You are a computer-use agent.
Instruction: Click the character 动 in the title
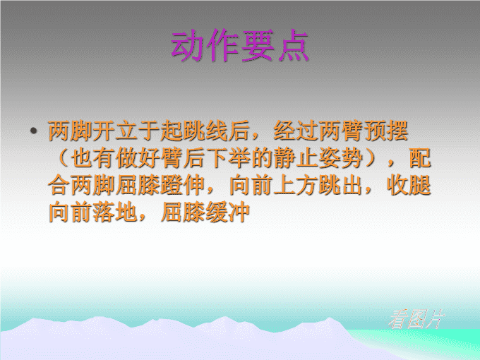(188, 46)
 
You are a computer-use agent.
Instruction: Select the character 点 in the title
(293, 46)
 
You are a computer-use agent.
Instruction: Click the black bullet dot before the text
(34, 131)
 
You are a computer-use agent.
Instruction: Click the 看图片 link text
(416, 319)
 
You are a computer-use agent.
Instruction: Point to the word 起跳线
(193, 131)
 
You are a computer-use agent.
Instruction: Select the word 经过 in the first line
(295, 131)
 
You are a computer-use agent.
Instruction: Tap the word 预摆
(385, 131)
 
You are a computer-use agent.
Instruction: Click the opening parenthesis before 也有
(62, 158)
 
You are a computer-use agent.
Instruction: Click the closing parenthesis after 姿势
(371, 158)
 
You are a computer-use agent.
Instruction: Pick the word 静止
(295, 158)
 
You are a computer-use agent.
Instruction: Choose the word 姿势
(340, 158)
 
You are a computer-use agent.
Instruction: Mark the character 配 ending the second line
(420, 158)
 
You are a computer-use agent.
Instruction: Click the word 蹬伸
(182, 185)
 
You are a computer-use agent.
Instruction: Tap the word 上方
(295, 185)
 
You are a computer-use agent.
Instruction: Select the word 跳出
(340, 185)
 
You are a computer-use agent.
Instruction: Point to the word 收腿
(409, 185)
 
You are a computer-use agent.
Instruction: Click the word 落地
(115, 212)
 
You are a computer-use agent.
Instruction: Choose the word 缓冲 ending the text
(227, 212)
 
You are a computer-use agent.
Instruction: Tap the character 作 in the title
(222, 46)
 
